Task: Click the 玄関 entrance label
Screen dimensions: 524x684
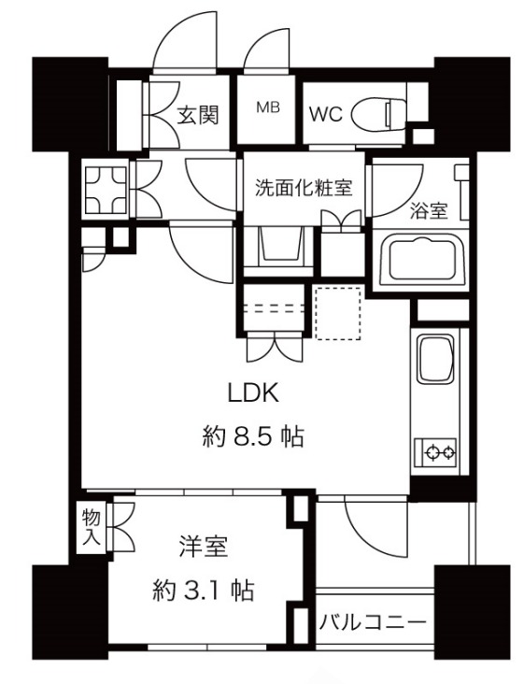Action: coord(197,116)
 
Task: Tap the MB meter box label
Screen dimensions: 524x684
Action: coord(268,107)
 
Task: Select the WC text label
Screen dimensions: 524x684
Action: coord(325,114)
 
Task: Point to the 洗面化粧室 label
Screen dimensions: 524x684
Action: coord(304,188)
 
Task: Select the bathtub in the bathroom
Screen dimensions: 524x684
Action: coord(420,262)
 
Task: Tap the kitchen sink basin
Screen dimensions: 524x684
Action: coord(436,359)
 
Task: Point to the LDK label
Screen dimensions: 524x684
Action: coord(253,393)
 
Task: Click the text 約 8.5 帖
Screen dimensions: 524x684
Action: coord(253,436)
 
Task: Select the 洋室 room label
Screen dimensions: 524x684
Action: coord(204,547)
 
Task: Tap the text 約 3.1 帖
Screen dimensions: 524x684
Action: coord(204,591)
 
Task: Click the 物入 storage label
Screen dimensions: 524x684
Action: coord(92,527)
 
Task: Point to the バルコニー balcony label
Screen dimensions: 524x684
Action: coord(373,622)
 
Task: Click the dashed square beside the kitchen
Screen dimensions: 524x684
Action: coord(338,313)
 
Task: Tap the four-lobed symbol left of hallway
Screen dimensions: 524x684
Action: coord(106,189)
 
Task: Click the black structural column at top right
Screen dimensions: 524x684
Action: coord(472,104)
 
